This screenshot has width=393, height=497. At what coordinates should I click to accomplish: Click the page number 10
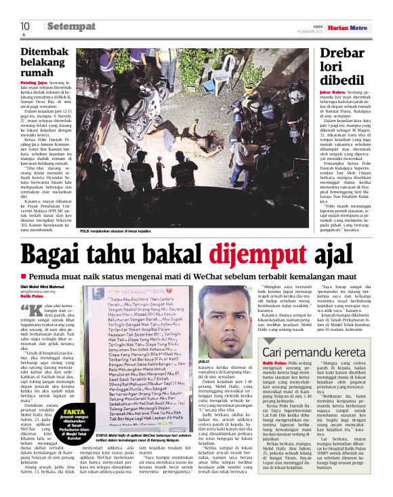24,26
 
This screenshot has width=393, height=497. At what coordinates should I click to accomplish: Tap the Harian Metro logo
348,27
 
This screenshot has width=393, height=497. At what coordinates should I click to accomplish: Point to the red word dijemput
248,256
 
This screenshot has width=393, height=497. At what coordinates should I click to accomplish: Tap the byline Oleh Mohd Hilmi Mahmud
47,287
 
